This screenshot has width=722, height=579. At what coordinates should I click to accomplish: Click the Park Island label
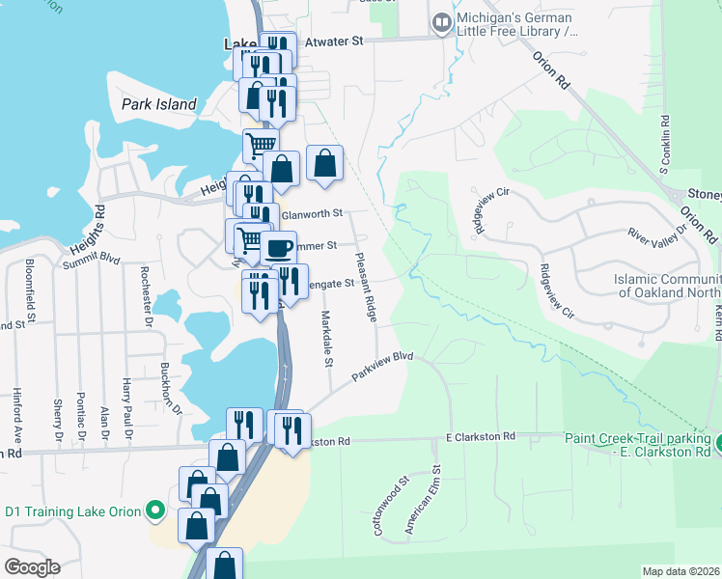159,104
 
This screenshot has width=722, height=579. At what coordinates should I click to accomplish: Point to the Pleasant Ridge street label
366,281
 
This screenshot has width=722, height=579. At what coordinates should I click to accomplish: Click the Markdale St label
327,339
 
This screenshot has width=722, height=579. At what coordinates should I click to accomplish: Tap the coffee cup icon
278,248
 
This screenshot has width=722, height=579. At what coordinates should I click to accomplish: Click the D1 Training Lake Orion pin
155,510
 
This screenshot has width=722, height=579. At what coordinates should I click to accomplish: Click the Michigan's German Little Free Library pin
442,21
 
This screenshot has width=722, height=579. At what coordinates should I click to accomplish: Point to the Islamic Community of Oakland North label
667,286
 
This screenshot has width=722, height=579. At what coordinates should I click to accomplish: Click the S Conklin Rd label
665,145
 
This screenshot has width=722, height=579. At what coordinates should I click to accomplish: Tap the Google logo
32,567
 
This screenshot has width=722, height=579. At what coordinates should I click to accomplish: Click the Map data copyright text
681,571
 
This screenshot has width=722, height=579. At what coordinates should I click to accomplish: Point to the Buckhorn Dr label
171,388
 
